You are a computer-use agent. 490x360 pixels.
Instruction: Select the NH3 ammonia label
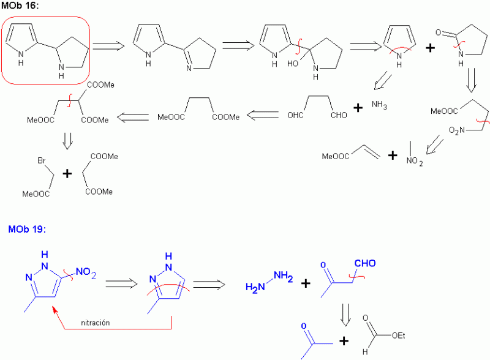pos(380,106)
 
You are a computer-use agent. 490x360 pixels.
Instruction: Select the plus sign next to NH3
pos(358,108)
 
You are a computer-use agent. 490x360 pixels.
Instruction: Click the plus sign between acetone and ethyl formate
pos(344,341)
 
